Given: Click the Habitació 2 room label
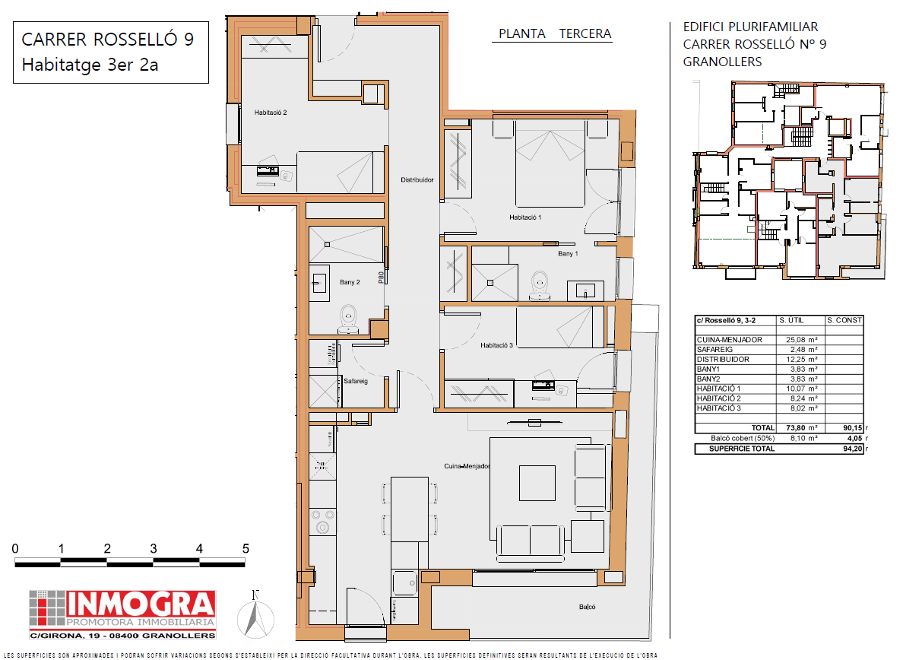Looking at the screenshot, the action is (x=270, y=113).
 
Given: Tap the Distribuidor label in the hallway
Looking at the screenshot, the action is (x=417, y=179).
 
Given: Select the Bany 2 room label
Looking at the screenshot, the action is (x=350, y=282).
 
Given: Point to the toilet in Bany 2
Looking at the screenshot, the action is (x=348, y=319).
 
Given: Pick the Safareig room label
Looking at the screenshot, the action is (x=355, y=381).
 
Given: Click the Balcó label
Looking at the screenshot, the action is (x=588, y=607).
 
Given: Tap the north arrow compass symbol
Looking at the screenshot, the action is (x=255, y=615).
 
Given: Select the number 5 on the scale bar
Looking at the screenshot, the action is (x=246, y=549).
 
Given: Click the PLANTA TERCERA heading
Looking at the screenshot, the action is (x=555, y=33).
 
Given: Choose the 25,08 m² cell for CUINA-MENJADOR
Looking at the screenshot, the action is (x=802, y=340).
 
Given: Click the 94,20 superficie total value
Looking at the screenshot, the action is (x=852, y=449).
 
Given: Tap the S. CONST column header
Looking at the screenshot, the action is (x=844, y=320).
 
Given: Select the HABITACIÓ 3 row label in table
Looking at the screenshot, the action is (x=719, y=408).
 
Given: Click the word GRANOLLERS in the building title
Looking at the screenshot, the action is (x=722, y=62).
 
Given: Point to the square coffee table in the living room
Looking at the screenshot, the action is (x=537, y=483).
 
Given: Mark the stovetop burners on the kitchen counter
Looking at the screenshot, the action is (x=322, y=522).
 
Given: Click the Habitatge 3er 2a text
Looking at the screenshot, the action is (x=90, y=65).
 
